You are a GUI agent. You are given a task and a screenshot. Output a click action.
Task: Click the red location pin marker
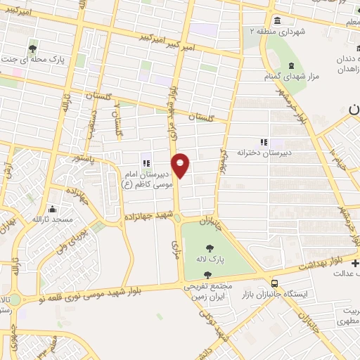coord(181,165)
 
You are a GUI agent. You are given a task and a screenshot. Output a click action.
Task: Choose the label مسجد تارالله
coord(51,219)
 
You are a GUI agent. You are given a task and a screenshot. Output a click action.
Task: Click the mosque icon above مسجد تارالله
coord(51,209)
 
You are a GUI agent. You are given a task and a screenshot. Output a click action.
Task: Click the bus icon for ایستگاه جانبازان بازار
coord(274,283)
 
